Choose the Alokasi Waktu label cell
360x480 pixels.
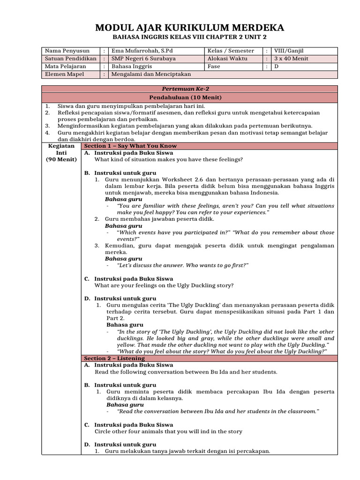pyautogui.click(x=227, y=59)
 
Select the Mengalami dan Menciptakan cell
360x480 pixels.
pyautogui.click(x=151, y=74)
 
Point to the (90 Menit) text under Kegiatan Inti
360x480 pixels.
pyautogui.click(x=61, y=159)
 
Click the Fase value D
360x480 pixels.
pyautogui.click(x=277, y=67)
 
